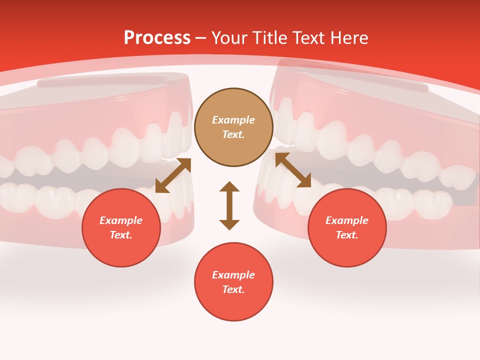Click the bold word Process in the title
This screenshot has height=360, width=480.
click(x=157, y=38)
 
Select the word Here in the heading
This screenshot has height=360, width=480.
click(x=348, y=38)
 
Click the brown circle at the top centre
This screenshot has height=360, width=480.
click(x=233, y=127)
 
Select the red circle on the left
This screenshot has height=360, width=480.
click(x=121, y=227)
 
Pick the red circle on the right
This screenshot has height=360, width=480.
click(x=347, y=227)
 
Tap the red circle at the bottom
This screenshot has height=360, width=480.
click(x=233, y=282)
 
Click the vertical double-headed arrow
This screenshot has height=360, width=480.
click(x=229, y=205)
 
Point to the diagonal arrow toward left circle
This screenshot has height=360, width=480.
click(x=173, y=175)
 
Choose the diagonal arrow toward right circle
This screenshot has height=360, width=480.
click(x=293, y=170)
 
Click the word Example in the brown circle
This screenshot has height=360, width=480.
click(x=233, y=120)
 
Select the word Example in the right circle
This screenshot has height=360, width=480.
click(x=347, y=220)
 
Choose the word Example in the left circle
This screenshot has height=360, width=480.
click(x=121, y=220)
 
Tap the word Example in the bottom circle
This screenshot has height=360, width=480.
click(x=233, y=275)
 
